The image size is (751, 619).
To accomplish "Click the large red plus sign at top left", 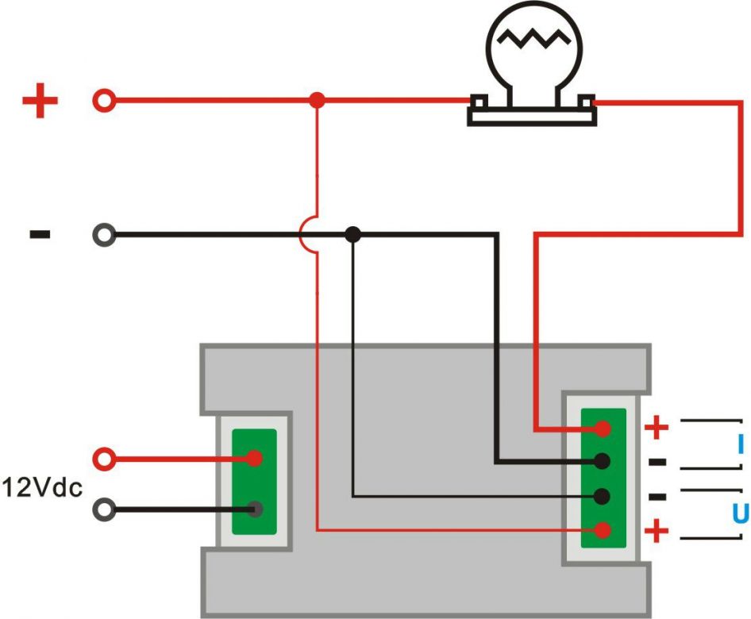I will tap(40, 102).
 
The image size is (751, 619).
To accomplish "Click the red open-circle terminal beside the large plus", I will tap(104, 101).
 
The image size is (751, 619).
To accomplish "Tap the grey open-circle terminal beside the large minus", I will tap(104, 235).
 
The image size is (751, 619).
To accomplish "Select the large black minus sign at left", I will tap(40, 234).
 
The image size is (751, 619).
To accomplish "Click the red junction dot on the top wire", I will tap(317, 101).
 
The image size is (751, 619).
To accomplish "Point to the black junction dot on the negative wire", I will tap(353, 235).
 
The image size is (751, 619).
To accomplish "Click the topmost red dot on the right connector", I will tap(603, 429).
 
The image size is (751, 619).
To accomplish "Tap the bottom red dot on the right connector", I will tap(603, 529).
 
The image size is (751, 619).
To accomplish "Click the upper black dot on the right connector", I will tap(603, 461).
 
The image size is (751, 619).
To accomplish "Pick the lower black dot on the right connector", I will tap(603, 496).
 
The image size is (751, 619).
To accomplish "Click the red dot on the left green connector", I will tap(254, 459).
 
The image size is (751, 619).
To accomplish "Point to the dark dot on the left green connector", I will tap(254, 509).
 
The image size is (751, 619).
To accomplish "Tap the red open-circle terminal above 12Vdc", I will tap(104, 459).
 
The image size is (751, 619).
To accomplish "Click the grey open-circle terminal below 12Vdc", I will tap(104, 509).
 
